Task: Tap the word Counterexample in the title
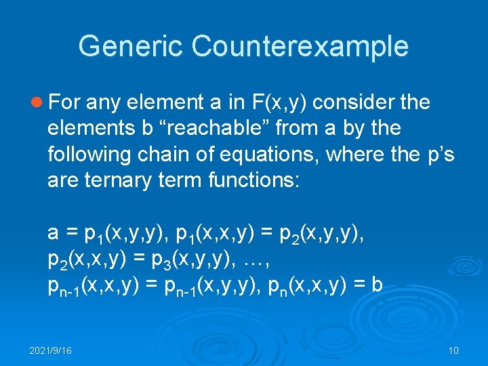(x=300, y=46)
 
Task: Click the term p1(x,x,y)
(x=220, y=234)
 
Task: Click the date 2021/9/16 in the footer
(x=51, y=350)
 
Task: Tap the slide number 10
(x=453, y=350)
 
